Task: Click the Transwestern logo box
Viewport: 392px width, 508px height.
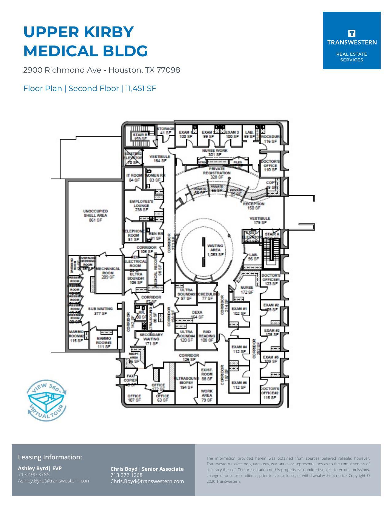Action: (351, 40)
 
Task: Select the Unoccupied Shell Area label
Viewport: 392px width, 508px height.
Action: (95, 215)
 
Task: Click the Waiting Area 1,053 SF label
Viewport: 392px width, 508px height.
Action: (215, 250)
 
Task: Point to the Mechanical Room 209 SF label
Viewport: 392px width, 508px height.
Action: (108, 273)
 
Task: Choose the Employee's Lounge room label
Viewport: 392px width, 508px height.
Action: (141, 206)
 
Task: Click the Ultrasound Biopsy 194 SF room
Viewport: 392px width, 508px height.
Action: (186, 382)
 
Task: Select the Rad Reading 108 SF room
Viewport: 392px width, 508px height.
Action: (207, 336)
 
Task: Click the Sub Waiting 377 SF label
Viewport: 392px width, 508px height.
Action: (100, 311)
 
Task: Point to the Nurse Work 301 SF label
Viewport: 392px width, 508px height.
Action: (215, 153)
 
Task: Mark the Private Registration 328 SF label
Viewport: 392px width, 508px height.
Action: (217, 173)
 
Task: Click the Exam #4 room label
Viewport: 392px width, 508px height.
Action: (239, 349)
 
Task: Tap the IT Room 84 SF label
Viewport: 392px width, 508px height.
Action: (134, 178)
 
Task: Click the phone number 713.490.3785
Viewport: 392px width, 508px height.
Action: (34, 474)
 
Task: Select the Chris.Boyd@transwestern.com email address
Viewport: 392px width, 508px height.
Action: (147, 481)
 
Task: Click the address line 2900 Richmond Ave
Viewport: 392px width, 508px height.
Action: (101, 70)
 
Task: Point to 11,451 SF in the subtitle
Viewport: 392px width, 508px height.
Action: (141, 89)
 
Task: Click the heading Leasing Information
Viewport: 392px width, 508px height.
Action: (50, 457)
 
